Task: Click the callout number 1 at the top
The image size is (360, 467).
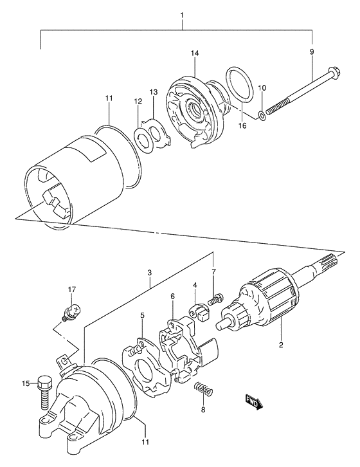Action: pos(182,15)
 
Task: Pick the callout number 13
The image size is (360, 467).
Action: pos(153,93)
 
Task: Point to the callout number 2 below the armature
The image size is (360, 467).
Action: pos(281,344)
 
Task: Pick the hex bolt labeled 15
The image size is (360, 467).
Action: pos(44,389)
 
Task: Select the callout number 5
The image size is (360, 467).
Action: pos(141,316)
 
